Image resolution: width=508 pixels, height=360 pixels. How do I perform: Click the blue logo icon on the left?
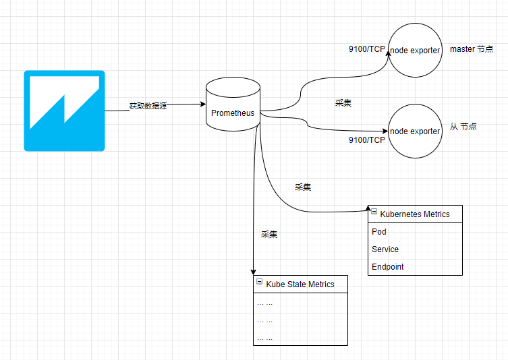64,110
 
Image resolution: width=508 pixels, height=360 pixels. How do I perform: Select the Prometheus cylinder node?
233,104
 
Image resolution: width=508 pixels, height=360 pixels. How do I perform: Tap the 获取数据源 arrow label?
148,107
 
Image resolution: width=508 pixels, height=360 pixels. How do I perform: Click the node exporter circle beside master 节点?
415,50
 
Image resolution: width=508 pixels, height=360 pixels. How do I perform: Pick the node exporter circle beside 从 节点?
415,131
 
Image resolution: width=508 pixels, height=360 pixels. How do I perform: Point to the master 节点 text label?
472,50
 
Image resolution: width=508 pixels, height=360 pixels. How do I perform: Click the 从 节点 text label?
463,127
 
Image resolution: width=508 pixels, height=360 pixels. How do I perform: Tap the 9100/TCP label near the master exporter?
366,50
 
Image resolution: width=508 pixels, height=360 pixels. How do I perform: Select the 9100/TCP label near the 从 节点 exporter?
366,140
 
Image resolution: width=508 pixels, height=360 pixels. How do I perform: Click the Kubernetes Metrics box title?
415,214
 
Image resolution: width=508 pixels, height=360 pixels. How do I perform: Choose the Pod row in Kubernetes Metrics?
379,232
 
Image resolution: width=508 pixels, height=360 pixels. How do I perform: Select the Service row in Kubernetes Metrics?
385,249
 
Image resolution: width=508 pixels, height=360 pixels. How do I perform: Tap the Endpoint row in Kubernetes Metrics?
388,267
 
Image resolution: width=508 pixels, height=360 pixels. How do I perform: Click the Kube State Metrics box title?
300,284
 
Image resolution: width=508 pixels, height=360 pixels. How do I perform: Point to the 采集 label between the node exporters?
343,103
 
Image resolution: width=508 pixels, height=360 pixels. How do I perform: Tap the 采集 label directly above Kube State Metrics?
269,235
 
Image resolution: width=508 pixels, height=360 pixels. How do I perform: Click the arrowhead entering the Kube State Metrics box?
253,272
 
